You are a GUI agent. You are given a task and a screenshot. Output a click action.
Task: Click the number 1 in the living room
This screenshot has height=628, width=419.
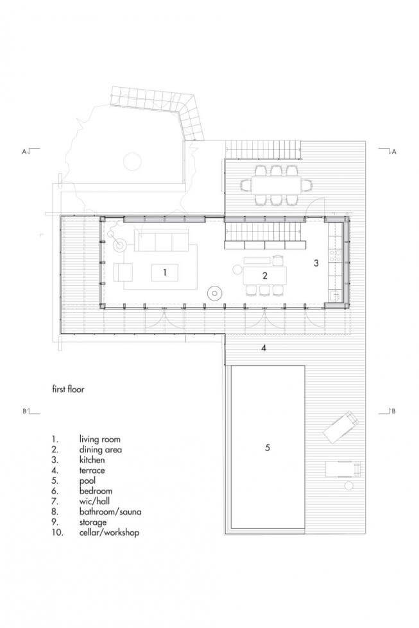pos(165,272)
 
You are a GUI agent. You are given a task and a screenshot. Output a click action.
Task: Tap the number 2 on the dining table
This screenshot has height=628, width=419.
pos(264,276)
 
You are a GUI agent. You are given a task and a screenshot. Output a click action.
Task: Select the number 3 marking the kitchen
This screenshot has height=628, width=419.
pos(316,263)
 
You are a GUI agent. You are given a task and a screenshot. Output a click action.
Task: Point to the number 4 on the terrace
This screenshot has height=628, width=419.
pos(264,348)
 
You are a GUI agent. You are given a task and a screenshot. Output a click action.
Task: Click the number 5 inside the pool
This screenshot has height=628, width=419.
pos(268,447)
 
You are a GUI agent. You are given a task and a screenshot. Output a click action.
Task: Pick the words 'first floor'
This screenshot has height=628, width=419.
pos(68,389)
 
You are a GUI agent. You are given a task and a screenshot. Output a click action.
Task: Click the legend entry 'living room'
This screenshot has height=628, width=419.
pos(100,440)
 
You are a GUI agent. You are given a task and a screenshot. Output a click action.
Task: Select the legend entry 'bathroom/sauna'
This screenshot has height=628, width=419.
pos(110,512)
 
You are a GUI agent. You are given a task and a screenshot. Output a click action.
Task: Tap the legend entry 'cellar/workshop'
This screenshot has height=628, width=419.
pos(109,533)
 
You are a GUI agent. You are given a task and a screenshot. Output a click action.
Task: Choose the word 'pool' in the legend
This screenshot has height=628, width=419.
pos(87,481)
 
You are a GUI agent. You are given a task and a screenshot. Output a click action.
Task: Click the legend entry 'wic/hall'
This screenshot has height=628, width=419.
pos(94,501)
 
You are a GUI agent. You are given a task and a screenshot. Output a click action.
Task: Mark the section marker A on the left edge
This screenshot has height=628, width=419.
pos(24,151)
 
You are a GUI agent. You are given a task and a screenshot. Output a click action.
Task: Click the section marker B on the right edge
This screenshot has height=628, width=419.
pos(394,411)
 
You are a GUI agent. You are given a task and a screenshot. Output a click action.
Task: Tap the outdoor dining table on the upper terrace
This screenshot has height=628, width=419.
pos(277,185)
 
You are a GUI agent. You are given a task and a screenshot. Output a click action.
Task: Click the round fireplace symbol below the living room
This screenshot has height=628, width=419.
pos(215,293)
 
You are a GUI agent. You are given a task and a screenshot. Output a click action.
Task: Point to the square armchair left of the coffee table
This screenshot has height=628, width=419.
pos(123,272)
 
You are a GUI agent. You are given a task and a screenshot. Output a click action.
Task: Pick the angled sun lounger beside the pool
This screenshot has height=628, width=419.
pos(341,427)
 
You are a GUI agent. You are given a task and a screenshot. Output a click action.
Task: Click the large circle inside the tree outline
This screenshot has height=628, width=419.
pos(132,161)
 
